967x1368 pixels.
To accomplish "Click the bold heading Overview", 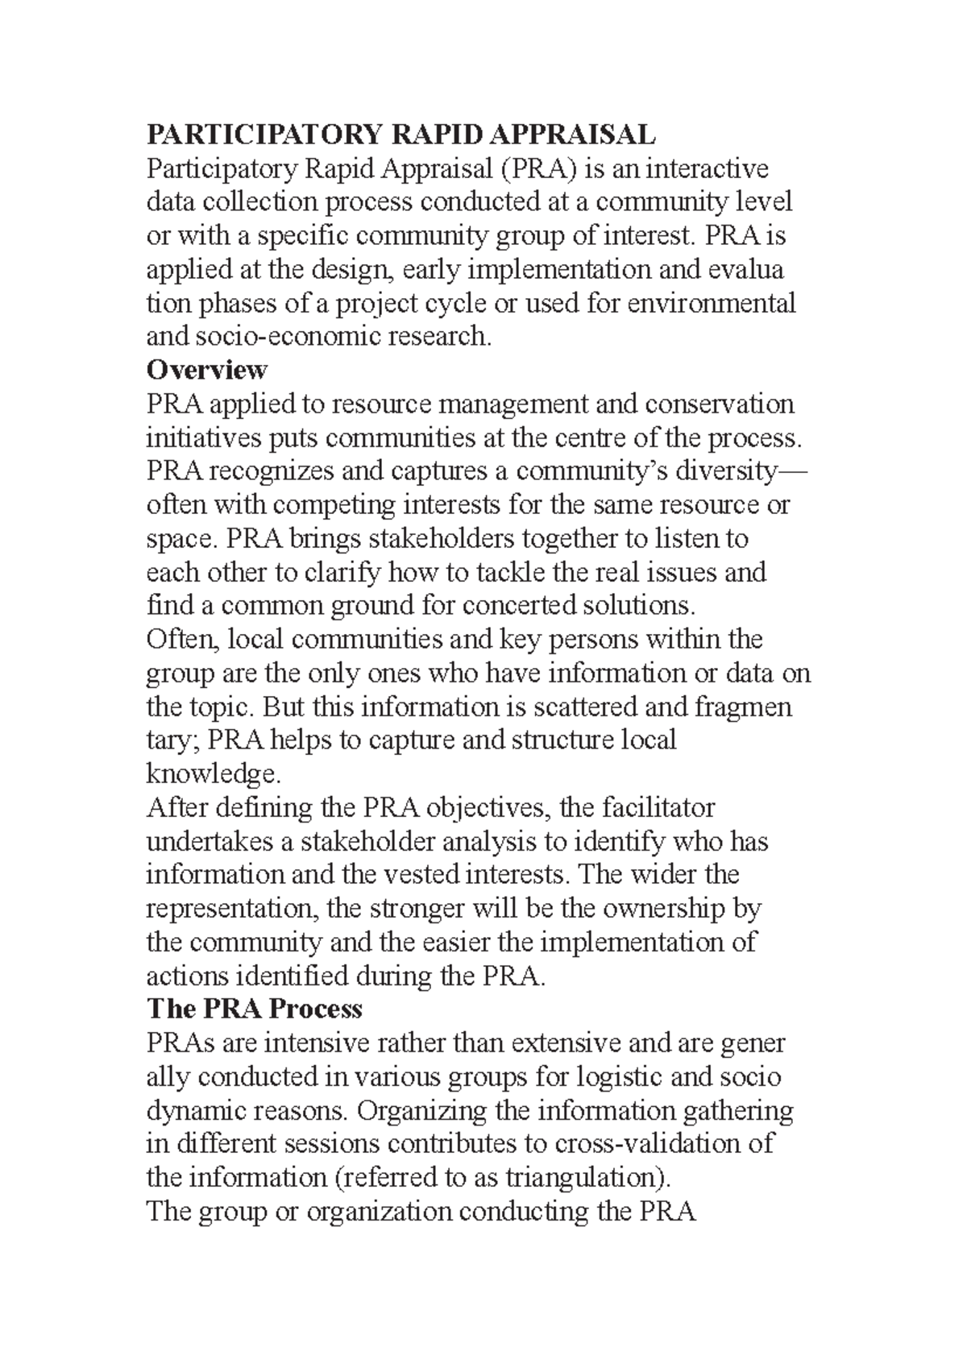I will point(206,370).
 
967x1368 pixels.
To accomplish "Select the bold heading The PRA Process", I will point(254,1009).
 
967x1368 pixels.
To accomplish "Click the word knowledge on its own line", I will point(211,774).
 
